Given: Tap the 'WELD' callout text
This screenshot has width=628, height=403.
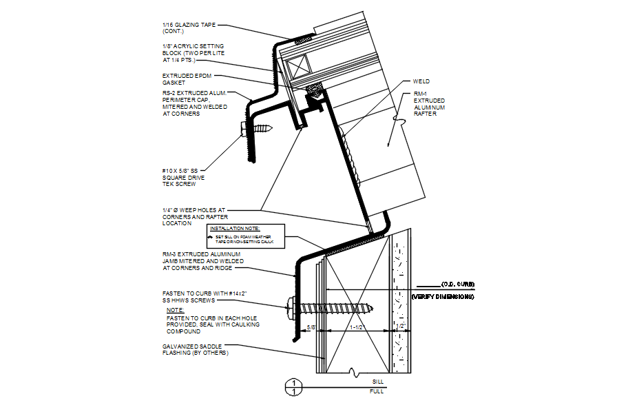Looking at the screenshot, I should pyautogui.click(x=421, y=81).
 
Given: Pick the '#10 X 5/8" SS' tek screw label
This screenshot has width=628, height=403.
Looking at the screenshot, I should pyautogui.click(x=180, y=170).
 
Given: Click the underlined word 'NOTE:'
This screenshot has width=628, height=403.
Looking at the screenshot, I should pyautogui.click(x=175, y=310).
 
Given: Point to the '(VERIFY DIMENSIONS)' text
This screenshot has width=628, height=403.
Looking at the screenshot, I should pyautogui.click(x=443, y=297).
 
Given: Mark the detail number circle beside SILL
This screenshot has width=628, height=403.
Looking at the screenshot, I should pyautogui.click(x=294, y=386).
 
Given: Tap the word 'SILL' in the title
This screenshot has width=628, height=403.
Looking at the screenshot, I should pyautogui.click(x=377, y=381).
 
